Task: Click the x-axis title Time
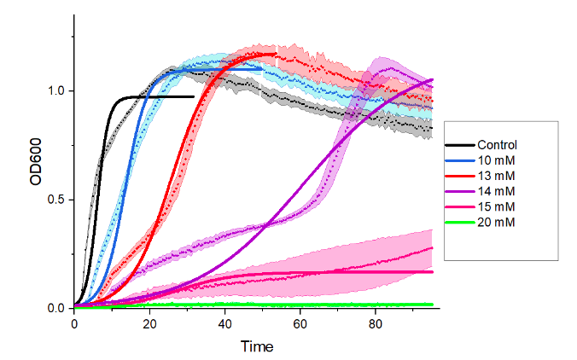[256, 346]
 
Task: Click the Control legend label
[498, 145]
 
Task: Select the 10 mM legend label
[497, 160]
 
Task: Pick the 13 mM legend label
[497, 176]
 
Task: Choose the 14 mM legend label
[497, 191]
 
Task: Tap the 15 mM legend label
[497, 206]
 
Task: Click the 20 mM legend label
[497, 222]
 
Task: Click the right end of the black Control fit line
[193, 97]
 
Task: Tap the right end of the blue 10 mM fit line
[262, 68]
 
